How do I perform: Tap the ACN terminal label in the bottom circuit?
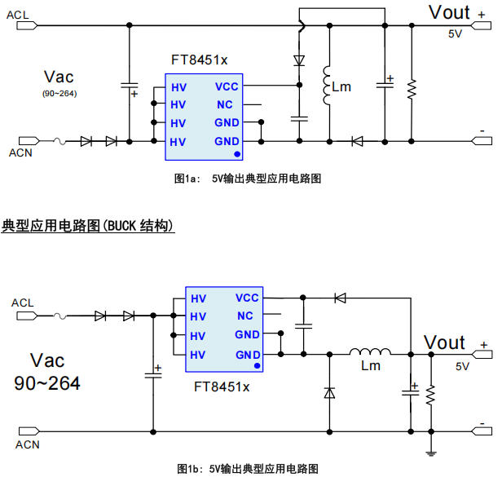[x=27, y=444]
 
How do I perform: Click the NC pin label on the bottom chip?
[x=245, y=316]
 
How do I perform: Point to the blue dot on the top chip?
[x=237, y=152]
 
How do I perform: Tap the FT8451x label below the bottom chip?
[x=222, y=386]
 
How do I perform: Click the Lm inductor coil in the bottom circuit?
[x=370, y=353]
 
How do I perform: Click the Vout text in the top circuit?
[x=449, y=12]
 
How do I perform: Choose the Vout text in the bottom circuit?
[x=444, y=342]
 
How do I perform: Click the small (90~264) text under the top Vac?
[x=59, y=94]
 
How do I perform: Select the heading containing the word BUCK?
[x=89, y=225]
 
